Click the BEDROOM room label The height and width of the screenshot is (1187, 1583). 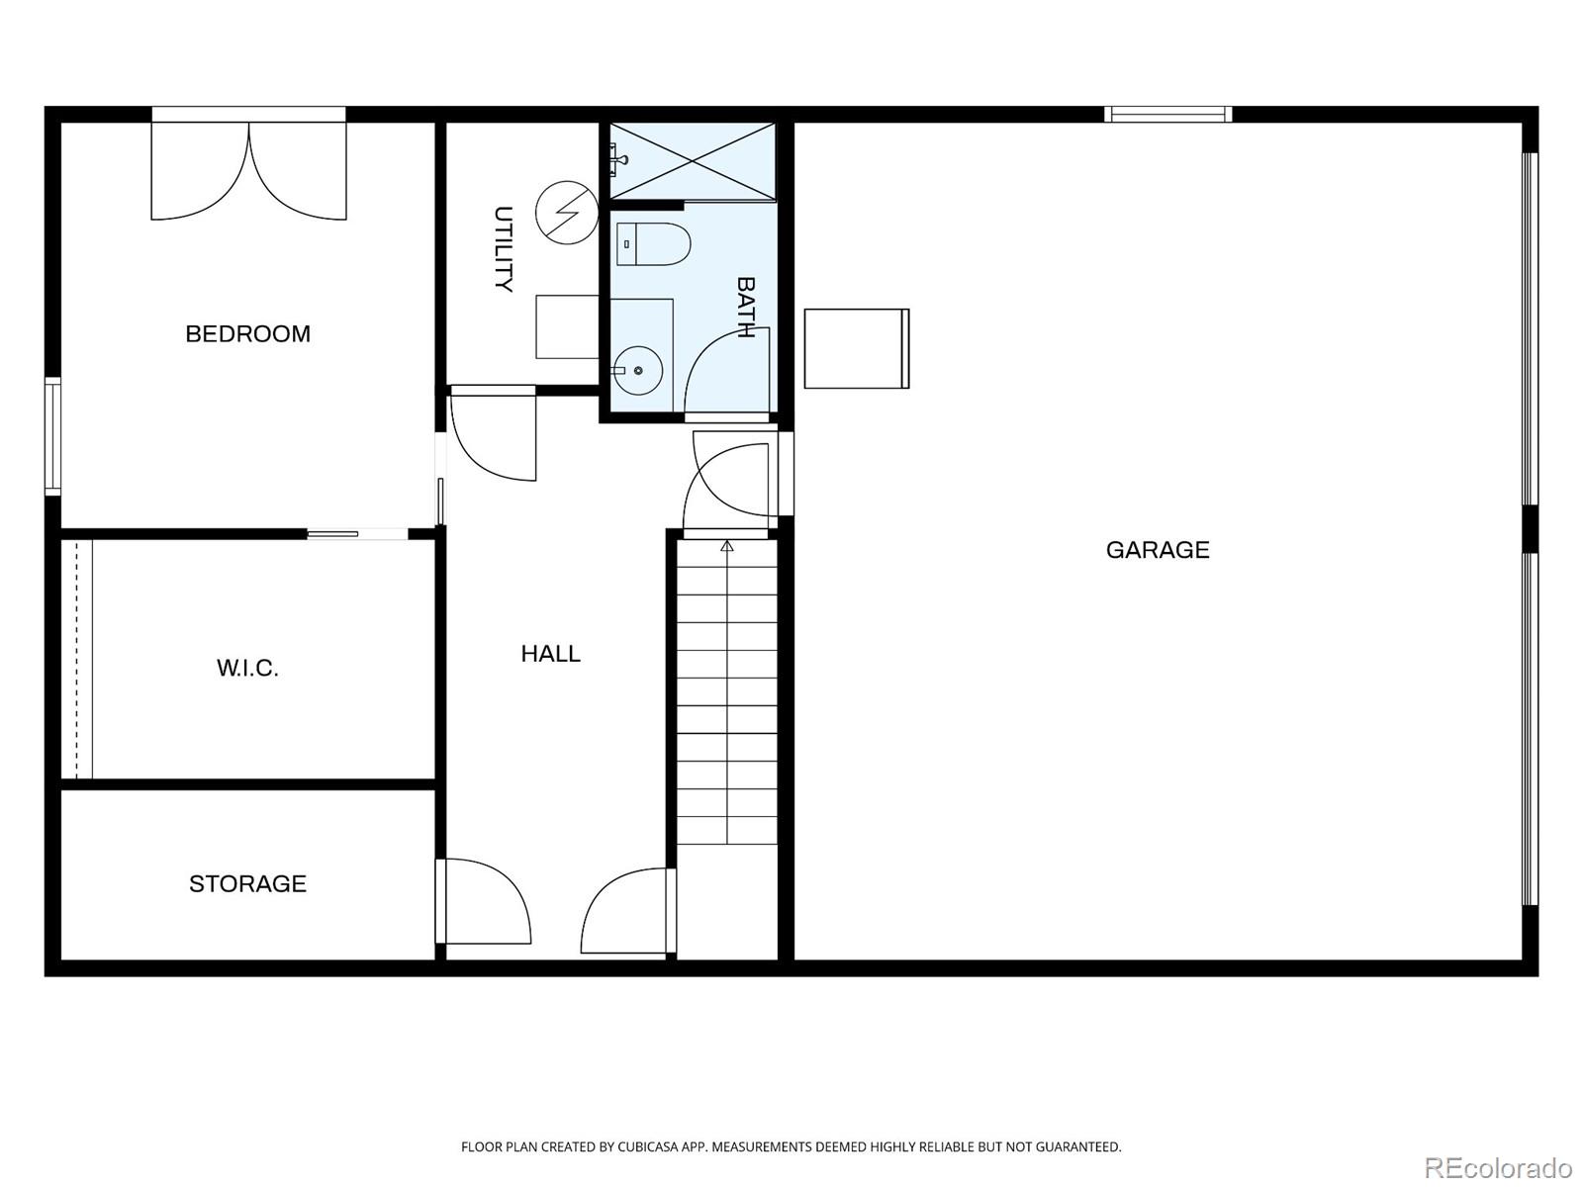pos(247,333)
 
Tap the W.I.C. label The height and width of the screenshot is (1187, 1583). pos(247,668)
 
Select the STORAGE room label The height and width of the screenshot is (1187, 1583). pos(247,883)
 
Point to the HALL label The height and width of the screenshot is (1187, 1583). pos(550,654)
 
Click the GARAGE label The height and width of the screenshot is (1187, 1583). pos(1158,550)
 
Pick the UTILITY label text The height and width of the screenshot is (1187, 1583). pos(504,248)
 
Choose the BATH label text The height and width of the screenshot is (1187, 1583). pos(746,307)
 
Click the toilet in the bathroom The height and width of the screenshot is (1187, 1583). pos(653,244)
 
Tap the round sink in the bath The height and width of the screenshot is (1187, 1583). pos(638,370)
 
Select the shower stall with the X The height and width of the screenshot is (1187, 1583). pos(694,160)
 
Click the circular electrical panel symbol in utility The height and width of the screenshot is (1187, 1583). pos(567,213)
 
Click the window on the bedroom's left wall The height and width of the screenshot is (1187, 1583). pos(52,437)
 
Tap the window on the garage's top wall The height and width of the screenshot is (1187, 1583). pos(1168,114)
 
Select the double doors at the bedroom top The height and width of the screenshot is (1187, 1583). pos(248,171)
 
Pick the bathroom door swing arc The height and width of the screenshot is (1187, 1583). pos(727,372)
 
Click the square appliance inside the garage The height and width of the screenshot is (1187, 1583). pos(857,349)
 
